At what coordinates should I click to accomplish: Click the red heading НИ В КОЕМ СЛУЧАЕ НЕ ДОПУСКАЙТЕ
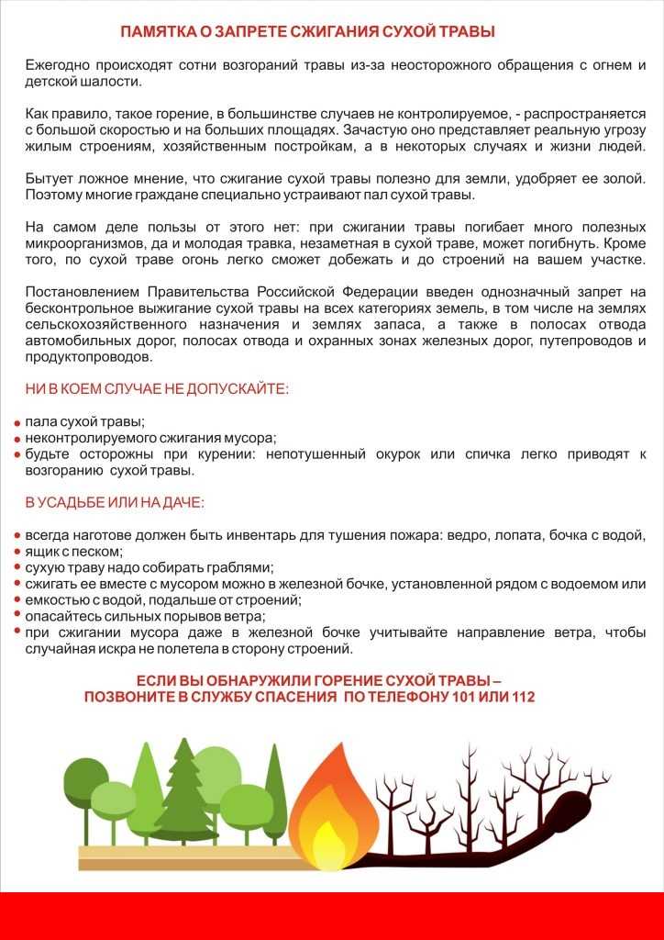(x=157, y=389)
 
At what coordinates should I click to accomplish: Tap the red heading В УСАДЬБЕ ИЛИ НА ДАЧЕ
(x=115, y=503)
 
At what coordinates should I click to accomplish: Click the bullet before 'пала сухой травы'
(x=17, y=423)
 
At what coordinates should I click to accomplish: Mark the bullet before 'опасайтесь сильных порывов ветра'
(x=17, y=617)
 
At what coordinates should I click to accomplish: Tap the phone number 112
(x=520, y=698)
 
